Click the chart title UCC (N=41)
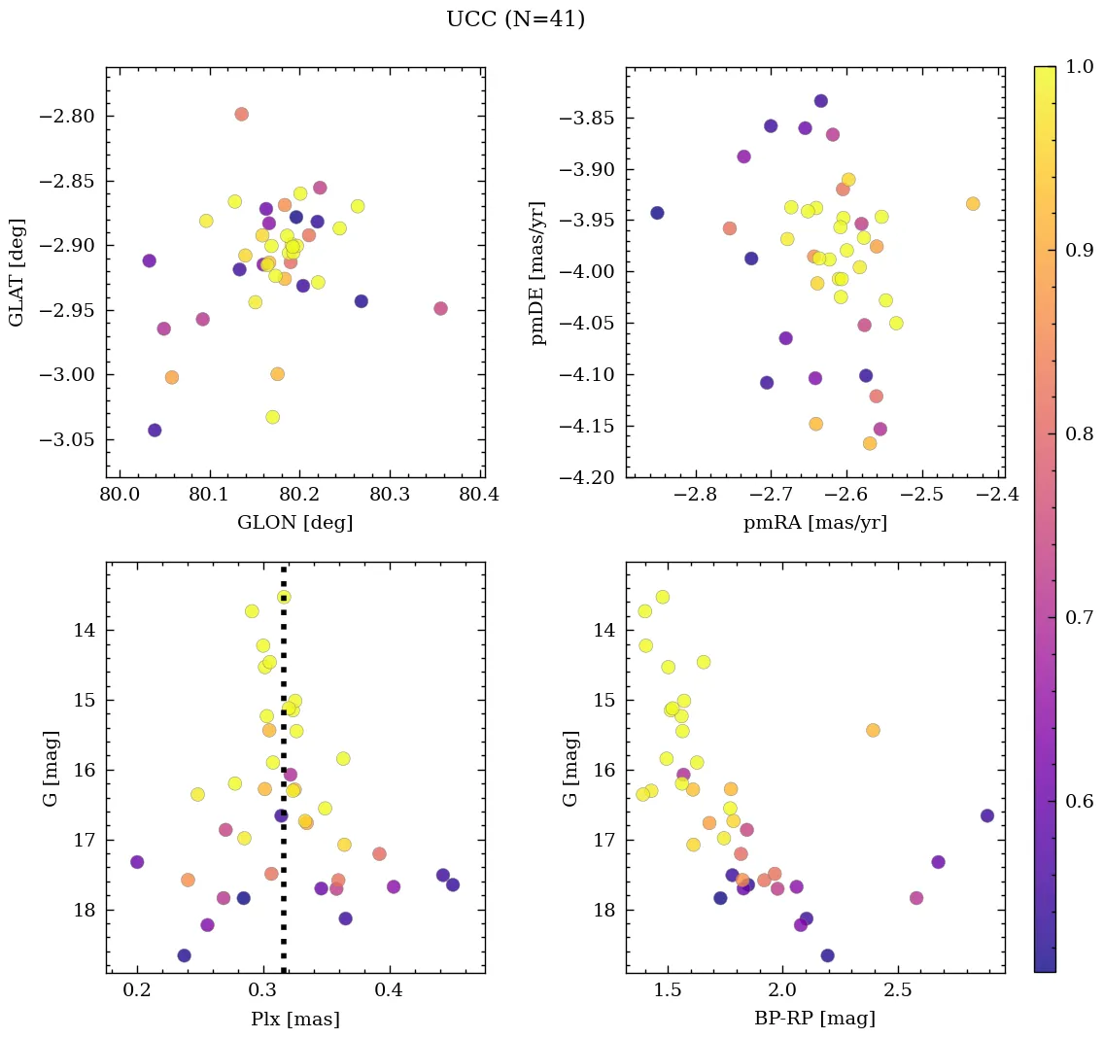(515, 19)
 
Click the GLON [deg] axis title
(294, 523)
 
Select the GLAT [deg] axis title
(17, 272)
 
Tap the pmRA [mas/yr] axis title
(814, 523)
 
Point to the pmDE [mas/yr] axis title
(537, 273)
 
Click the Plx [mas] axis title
(294, 1020)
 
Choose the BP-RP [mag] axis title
(814, 1020)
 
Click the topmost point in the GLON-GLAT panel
(241, 115)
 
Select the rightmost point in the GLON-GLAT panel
(440, 308)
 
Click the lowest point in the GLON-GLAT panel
(155, 431)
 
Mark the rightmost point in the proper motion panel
(973, 204)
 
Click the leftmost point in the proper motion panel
(657, 213)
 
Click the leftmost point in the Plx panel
(137, 862)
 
